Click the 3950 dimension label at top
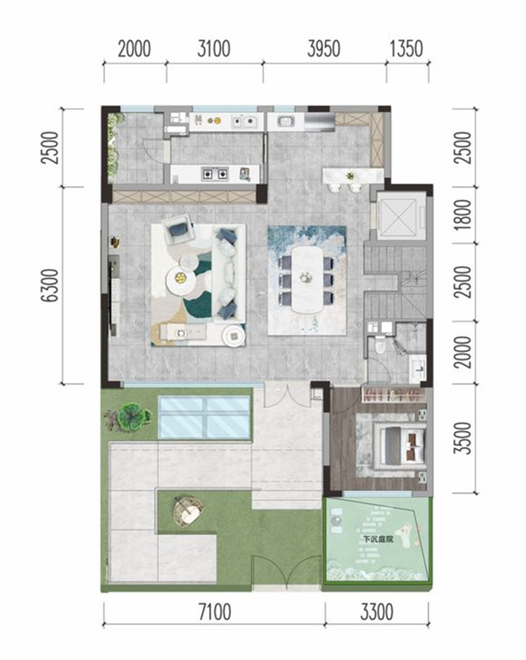323,49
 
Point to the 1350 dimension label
406,49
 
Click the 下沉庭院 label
379,539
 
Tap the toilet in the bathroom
380,345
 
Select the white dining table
307,280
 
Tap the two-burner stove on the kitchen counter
215,173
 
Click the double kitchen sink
245,121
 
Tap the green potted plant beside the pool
133,417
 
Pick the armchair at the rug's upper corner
179,228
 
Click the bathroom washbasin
418,368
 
